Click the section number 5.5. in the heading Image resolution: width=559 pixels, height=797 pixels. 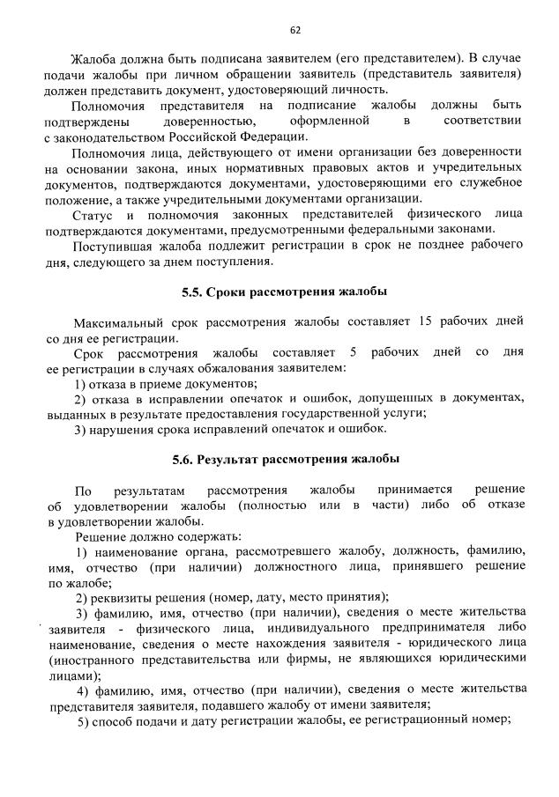[x=194, y=291]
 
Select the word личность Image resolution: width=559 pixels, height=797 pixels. [x=358, y=89]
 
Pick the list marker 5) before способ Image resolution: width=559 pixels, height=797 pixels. [x=85, y=721]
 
